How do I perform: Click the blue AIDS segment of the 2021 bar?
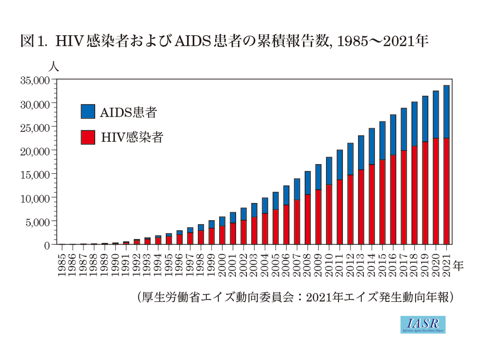click(446, 112)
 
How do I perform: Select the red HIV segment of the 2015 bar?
click(382, 202)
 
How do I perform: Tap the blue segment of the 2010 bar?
click(329, 171)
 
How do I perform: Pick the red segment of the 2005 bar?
click(276, 227)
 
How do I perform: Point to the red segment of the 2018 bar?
click(414, 195)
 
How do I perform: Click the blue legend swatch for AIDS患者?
click(88, 111)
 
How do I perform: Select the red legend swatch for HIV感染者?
click(88, 137)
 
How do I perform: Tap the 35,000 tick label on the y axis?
click(35, 80)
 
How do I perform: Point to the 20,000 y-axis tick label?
click(35, 151)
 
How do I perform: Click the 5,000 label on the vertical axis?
click(37, 222)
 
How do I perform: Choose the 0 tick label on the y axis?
click(47, 245)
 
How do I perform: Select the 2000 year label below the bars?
click(222, 265)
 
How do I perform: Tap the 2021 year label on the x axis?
click(446, 265)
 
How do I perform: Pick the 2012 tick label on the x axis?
click(350, 265)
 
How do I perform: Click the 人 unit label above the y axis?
click(53, 67)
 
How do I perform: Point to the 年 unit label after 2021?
click(458, 266)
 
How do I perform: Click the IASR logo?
click(423, 324)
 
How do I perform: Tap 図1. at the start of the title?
click(32, 41)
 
